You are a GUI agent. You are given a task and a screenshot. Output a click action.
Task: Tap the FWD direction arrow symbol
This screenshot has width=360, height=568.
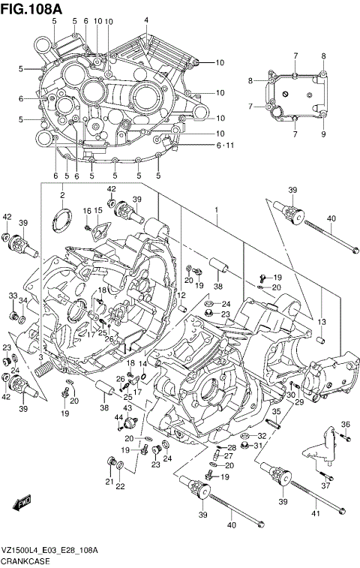(x=23, y=501)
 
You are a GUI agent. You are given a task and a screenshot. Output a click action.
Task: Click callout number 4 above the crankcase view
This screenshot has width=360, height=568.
(x=146, y=20)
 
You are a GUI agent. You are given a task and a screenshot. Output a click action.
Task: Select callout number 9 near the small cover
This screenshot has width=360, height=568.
(x=323, y=135)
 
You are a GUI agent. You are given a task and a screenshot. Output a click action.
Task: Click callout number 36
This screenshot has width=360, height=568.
(x=346, y=425)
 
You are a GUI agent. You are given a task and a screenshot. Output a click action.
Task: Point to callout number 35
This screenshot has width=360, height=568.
(x=275, y=411)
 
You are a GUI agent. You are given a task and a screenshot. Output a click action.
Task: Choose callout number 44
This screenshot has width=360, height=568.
(x=118, y=417)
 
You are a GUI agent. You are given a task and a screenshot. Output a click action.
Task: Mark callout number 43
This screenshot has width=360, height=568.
(x=128, y=407)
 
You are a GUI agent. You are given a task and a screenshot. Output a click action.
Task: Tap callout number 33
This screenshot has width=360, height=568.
(x=13, y=296)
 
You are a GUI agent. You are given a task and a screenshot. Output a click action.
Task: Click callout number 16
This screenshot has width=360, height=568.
(x=87, y=211)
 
